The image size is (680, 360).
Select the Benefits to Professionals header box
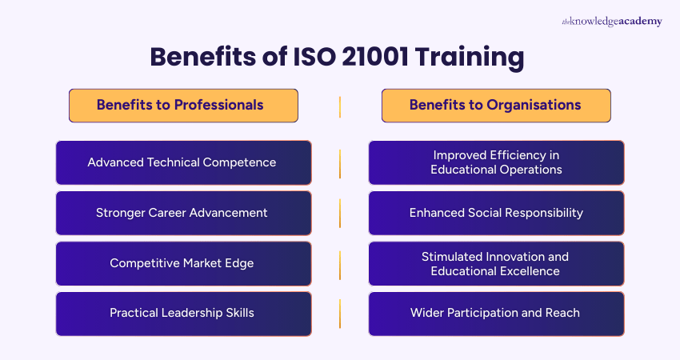coord(183,105)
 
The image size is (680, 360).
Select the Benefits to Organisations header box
coord(496,105)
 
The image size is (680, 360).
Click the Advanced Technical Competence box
coord(183,162)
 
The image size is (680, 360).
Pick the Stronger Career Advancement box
coord(183,213)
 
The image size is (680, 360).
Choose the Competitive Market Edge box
coord(183,263)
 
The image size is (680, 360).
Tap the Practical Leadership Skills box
coord(183,313)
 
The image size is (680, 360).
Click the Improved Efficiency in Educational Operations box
coord(496,162)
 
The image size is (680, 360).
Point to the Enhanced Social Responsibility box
coord(496,213)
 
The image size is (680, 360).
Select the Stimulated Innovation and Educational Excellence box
coord(496,263)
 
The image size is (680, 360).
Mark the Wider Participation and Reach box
coord(496,313)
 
